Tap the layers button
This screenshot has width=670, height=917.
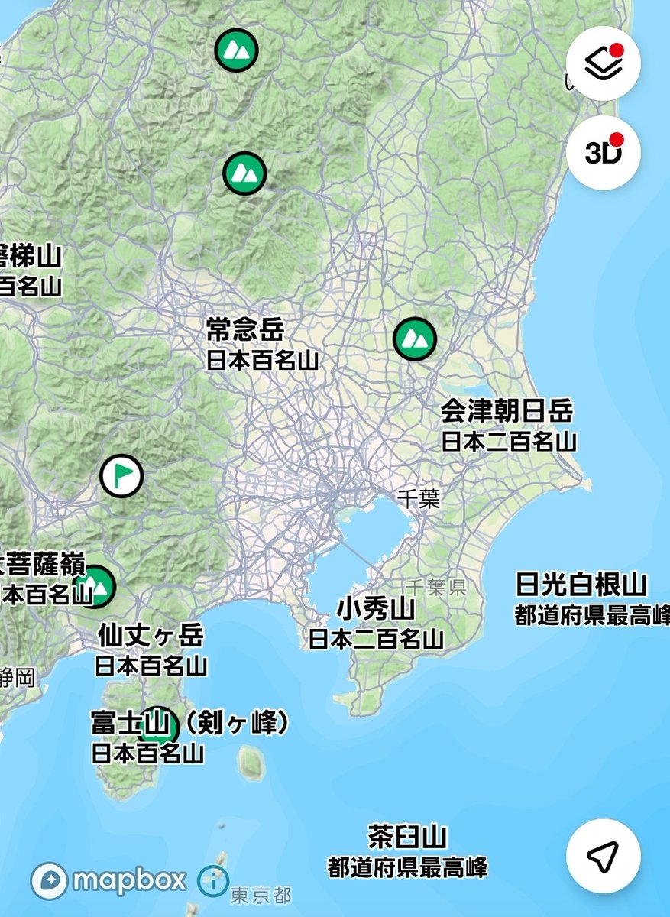(x=604, y=63)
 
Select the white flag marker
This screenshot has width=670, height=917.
(x=121, y=475)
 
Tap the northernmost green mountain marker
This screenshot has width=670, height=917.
(x=236, y=50)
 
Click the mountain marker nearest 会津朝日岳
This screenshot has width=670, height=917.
(x=415, y=338)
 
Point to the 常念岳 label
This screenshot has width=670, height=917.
(x=244, y=329)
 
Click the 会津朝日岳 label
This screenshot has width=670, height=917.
(x=507, y=412)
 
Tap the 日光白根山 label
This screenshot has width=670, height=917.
(x=581, y=585)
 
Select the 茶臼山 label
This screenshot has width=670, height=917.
(x=407, y=837)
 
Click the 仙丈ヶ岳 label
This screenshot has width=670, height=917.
(x=151, y=635)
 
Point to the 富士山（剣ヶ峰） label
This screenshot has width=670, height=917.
(x=191, y=723)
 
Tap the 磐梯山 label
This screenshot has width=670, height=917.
(x=31, y=256)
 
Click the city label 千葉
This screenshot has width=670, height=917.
(x=419, y=500)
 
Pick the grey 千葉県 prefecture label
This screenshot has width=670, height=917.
(x=436, y=587)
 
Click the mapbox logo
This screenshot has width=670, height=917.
(x=108, y=880)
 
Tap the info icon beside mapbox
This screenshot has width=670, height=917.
(x=212, y=881)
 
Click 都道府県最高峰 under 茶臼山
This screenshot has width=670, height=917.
(x=407, y=867)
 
